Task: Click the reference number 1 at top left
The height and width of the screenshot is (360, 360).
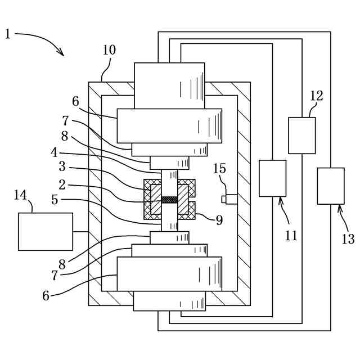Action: (7, 34)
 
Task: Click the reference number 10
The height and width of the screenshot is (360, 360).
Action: (109, 50)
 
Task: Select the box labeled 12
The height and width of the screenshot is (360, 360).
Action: (301, 135)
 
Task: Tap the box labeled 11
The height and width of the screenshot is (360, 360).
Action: (272, 178)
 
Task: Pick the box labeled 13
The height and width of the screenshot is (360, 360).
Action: (331, 186)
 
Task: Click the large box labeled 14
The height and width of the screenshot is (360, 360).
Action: (46, 231)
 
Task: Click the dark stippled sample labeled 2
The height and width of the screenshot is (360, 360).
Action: (169, 199)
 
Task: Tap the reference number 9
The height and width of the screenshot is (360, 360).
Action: (219, 220)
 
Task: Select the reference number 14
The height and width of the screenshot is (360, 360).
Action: (20, 195)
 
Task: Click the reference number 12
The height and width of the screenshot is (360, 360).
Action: (317, 96)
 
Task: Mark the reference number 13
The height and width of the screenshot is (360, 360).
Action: (348, 239)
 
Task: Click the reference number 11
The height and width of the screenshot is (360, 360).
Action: (290, 236)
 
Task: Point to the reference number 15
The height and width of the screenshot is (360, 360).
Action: (220, 169)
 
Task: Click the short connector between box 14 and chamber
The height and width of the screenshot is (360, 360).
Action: (80, 231)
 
